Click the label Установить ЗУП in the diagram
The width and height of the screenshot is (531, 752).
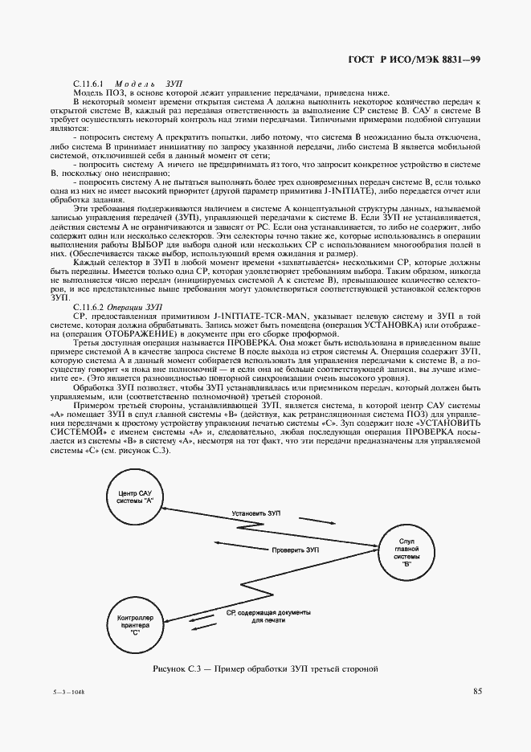click(256, 512)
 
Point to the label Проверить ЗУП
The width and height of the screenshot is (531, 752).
click(296, 550)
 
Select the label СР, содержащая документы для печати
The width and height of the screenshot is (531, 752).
click(258, 616)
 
